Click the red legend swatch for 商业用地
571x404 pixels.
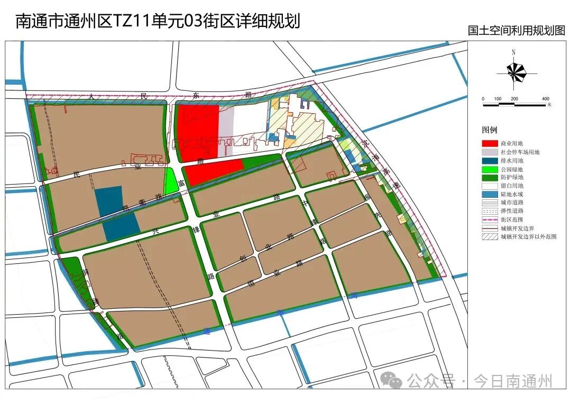pos(490,144)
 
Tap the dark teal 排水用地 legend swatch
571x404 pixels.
pos(490,161)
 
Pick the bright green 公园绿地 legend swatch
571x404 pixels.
pos(490,169)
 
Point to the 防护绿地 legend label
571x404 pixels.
pos(512,178)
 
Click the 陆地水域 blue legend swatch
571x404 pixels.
pos(490,195)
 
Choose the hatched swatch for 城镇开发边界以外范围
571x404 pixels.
pos(490,237)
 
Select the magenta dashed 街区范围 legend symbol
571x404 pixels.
pos(490,220)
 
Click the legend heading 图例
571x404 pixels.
pos(489,130)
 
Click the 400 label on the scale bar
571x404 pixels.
pos(546,99)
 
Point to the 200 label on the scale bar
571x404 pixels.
pos(514,99)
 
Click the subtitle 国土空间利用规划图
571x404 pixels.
pos(517,31)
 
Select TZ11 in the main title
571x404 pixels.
pos(129,21)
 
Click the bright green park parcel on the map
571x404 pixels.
pos(170,181)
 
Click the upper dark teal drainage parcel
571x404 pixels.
pos(108,201)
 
